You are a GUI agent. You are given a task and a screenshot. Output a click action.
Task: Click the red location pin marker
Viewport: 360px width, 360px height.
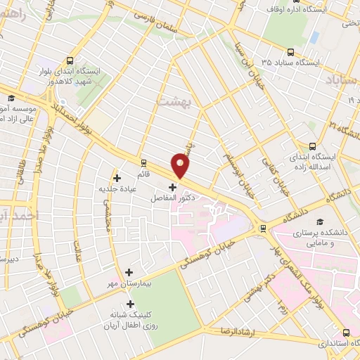click(x=181, y=165)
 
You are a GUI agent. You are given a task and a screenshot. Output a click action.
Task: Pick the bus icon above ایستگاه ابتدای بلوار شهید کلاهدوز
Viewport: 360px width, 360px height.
click(x=69, y=60)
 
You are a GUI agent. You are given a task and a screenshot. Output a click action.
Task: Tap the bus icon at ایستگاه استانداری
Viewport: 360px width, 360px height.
click(x=345, y=333)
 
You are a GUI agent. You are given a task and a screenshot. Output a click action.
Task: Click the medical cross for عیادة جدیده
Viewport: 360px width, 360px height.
click(x=117, y=177)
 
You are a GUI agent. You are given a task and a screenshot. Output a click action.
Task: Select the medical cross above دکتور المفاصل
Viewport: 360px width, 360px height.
click(x=174, y=187)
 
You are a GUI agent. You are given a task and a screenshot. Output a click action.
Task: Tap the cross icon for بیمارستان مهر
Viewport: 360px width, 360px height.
click(x=129, y=271)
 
